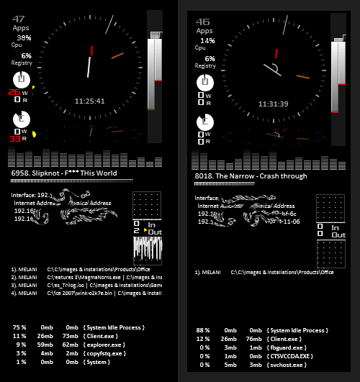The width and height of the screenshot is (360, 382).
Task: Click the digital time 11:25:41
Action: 90,101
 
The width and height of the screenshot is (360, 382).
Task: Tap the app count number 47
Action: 19,19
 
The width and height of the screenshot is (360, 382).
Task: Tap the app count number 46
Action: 203,22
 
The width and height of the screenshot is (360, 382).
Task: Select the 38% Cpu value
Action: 24,37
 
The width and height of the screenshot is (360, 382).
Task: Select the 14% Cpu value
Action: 207,40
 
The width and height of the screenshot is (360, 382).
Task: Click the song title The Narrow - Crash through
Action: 251,176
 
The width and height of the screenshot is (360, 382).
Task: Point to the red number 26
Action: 14,92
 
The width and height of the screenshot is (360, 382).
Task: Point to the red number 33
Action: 14,140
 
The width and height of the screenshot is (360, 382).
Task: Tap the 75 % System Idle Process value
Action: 19,327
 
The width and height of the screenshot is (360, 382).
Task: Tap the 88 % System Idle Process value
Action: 203,330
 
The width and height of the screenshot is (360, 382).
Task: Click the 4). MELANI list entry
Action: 23,293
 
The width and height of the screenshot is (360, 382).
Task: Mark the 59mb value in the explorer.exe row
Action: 46,345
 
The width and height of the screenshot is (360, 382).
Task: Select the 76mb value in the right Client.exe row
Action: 253,339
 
